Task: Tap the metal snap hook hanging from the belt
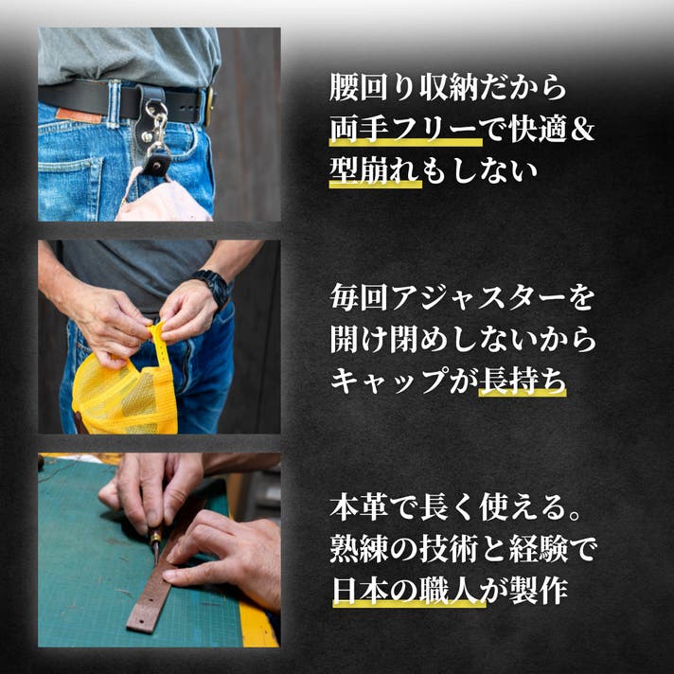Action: click(x=158, y=125)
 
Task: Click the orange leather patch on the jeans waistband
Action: click(x=79, y=115)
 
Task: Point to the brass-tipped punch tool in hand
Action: click(x=155, y=543)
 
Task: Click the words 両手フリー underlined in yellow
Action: click(x=405, y=130)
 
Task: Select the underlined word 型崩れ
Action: click(x=375, y=170)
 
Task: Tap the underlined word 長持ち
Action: click(x=523, y=381)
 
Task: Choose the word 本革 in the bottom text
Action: click(x=359, y=507)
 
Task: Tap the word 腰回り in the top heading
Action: click(x=374, y=88)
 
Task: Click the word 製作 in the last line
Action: click(x=539, y=590)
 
